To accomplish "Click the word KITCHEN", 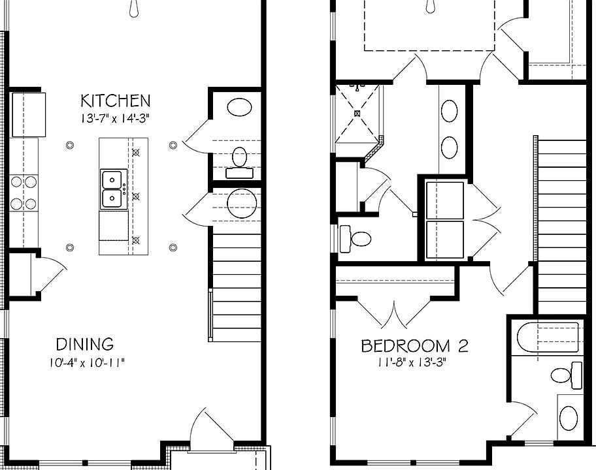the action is pyautogui.click(x=116, y=101).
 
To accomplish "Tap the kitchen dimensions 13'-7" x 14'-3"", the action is pyautogui.click(x=113, y=119).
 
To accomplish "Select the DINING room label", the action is pyautogui.click(x=85, y=344).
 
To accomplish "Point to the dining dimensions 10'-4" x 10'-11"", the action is pyautogui.click(x=87, y=362).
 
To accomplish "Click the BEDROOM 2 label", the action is pyautogui.click(x=414, y=346).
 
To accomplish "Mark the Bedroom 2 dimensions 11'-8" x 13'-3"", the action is pyautogui.click(x=411, y=362).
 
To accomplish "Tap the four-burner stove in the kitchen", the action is pyautogui.click(x=24, y=193).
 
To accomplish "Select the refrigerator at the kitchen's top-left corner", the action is pyautogui.click(x=29, y=115).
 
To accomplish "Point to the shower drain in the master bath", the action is pyautogui.click(x=357, y=113).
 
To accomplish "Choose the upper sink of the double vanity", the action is pyautogui.click(x=449, y=111).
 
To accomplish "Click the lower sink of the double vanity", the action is pyautogui.click(x=449, y=148).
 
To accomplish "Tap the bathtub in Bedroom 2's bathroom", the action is pyautogui.click(x=548, y=337).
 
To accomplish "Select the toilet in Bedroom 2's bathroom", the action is pyautogui.click(x=567, y=375).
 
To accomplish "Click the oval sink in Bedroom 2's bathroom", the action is pyautogui.click(x=569, y=418).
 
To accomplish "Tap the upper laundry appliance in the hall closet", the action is pyautogui.click(x=445, y=200).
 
